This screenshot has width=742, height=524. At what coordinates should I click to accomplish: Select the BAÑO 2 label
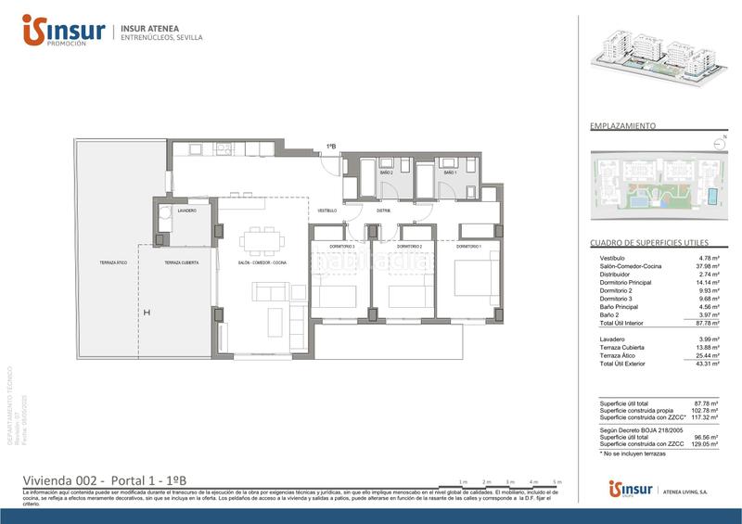pos(385,173)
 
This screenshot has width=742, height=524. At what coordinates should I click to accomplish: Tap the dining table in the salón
pos(262,240)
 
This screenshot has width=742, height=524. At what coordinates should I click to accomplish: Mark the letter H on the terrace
pos(146,313)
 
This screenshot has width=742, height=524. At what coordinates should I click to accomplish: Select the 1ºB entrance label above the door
pos(330,146)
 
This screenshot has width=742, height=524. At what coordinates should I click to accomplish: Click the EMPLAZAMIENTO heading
pos(623,124)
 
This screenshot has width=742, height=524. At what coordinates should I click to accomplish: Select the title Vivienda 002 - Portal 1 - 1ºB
pos(105,479)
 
